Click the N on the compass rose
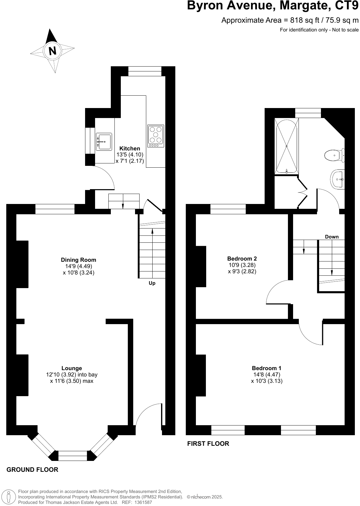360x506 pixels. click(x=53, y=51)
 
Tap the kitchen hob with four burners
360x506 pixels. click(x=156, y=136)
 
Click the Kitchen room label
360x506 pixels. click(x=130, y=149)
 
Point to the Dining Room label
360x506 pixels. click(x=78, y=260)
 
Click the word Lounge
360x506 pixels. click(x=72, y=368)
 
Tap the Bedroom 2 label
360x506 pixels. click(x=242, y=258)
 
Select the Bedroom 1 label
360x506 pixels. click(x=266, y=368)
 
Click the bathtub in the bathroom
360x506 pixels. click(x=286, y=146)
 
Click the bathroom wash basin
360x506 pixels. click(x=338, y=179)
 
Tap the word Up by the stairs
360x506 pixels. click(x=152, y=284)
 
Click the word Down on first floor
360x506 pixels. click(x=332, y=237)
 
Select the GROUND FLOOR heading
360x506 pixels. click(x=32, y=470)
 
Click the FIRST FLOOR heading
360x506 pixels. click(x=208, y=444)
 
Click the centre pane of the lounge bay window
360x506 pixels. click(x=72, y=455)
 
